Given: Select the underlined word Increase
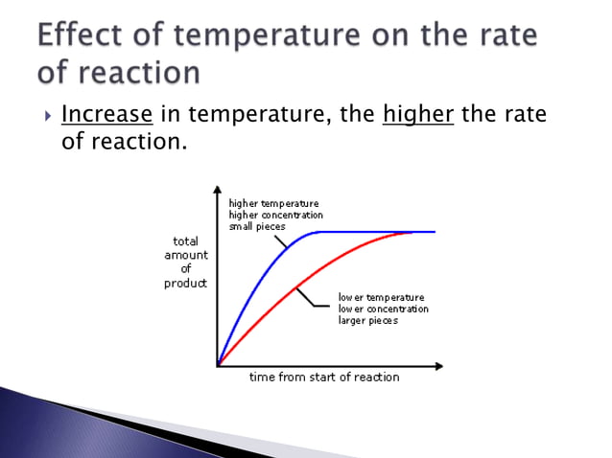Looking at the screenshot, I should pyautogui.click(x=106, y=116).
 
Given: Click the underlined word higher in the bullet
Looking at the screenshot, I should pyautogui.click(x=417, y=116).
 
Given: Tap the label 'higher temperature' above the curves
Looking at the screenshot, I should pyautogui.click(x=273, y=203).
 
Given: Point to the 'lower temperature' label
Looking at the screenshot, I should pyautogui.click(x=381, y=297).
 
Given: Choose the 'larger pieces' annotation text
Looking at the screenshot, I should pyautogui.click(x=367, y=320).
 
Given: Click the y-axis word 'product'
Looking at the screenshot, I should pyautogui.click(x=185, y=284).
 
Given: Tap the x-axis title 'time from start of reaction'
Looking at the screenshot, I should pyautogui.click(x=324, y=377).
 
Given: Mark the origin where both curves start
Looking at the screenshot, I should pyautogui.click(x=219, y=365).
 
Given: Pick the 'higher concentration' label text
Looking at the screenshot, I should pyautogui.click(x=275, y=215).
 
